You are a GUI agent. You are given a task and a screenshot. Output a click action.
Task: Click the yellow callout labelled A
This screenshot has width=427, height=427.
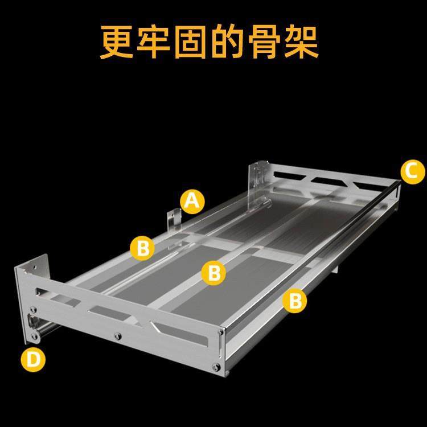click(x=192, y=201)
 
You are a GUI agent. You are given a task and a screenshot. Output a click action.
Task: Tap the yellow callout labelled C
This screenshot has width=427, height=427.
click(x=412, y=171)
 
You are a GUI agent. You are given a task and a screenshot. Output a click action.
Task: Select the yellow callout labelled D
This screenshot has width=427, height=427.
click(x=32, y=360)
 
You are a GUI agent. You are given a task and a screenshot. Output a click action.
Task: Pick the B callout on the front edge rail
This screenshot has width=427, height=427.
click(x=295, y=300)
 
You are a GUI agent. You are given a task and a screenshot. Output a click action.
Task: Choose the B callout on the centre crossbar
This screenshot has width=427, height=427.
click(x=213, y=273)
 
